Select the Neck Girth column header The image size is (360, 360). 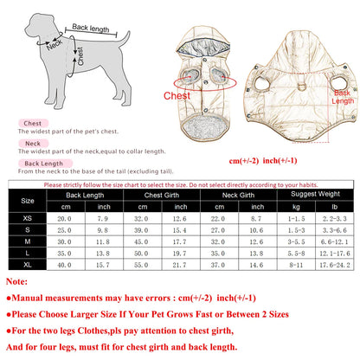pos(229,196)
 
